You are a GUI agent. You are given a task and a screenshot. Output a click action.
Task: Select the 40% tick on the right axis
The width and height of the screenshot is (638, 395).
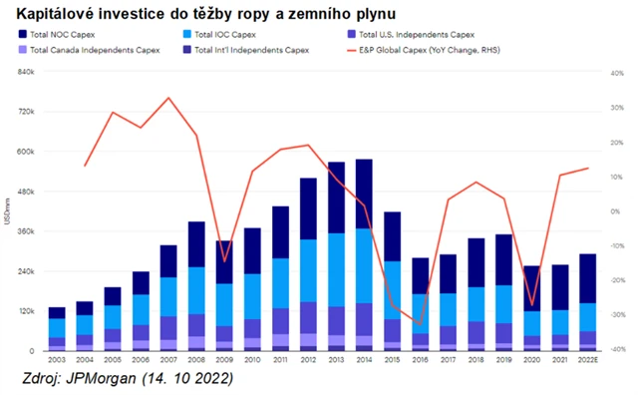pyautogui.click(x=619, y=72)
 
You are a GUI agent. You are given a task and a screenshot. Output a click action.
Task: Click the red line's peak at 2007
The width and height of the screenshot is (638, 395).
pyautogui.click(x=167, y=98)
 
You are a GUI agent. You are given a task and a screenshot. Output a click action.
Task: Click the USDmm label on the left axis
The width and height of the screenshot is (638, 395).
pyautogui.click(x=9, y=211)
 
